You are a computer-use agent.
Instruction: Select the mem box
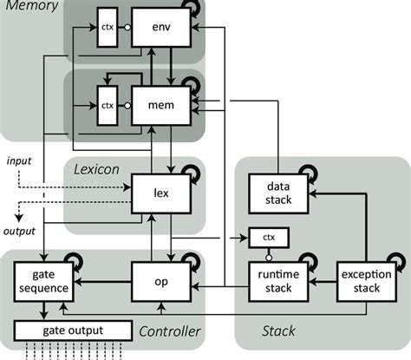click(x=161, y=105)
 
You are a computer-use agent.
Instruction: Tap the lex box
click(x=161, y=193)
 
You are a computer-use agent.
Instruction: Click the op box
click(x=161, y=281)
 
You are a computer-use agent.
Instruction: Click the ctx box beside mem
click(x=108, y=105)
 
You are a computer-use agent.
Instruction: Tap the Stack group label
click(x=279, y=330)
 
